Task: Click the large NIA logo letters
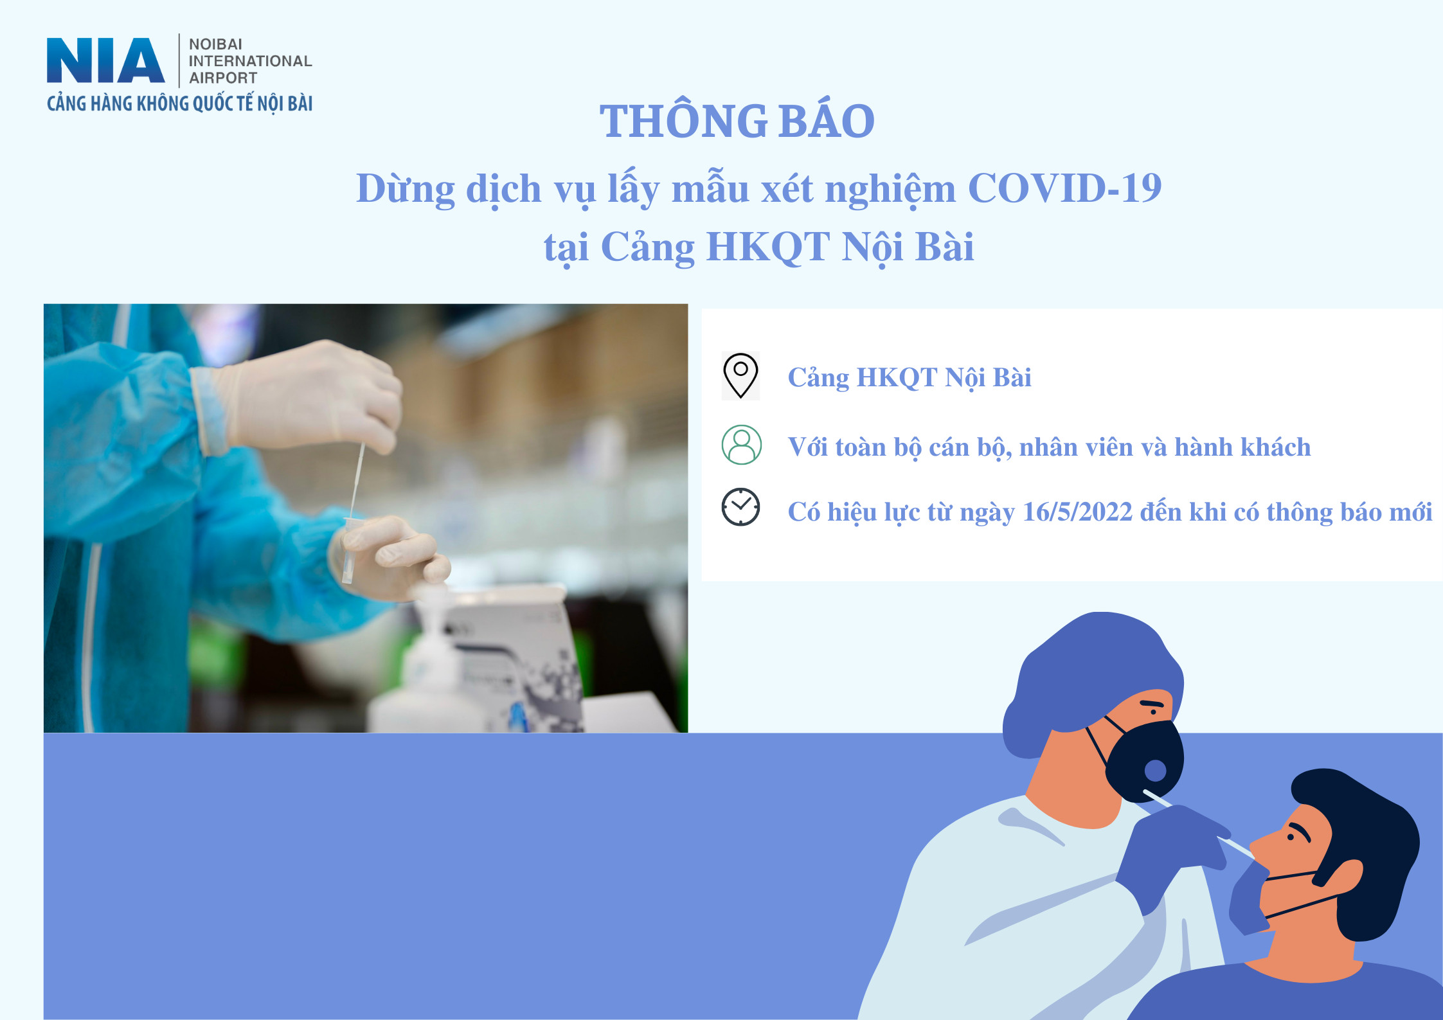click(105, 60)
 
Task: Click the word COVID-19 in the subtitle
click(1064, 188)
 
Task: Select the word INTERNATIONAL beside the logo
click(250, 61)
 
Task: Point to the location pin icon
click(740, 376)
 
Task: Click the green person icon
click(741, 445)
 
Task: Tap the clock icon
click(740, 508)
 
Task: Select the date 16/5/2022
click(1077, 512)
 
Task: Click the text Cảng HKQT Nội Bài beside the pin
click(910, 378)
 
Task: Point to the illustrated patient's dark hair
click(1356, 848)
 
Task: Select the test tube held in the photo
click(349, 550)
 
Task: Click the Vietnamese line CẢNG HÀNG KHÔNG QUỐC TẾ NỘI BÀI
click(179, 103)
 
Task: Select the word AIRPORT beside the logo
click(223, 78)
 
